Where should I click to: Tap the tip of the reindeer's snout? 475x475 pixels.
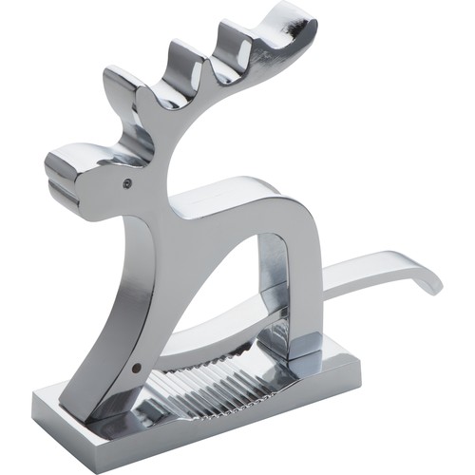[x=53, y=165]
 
